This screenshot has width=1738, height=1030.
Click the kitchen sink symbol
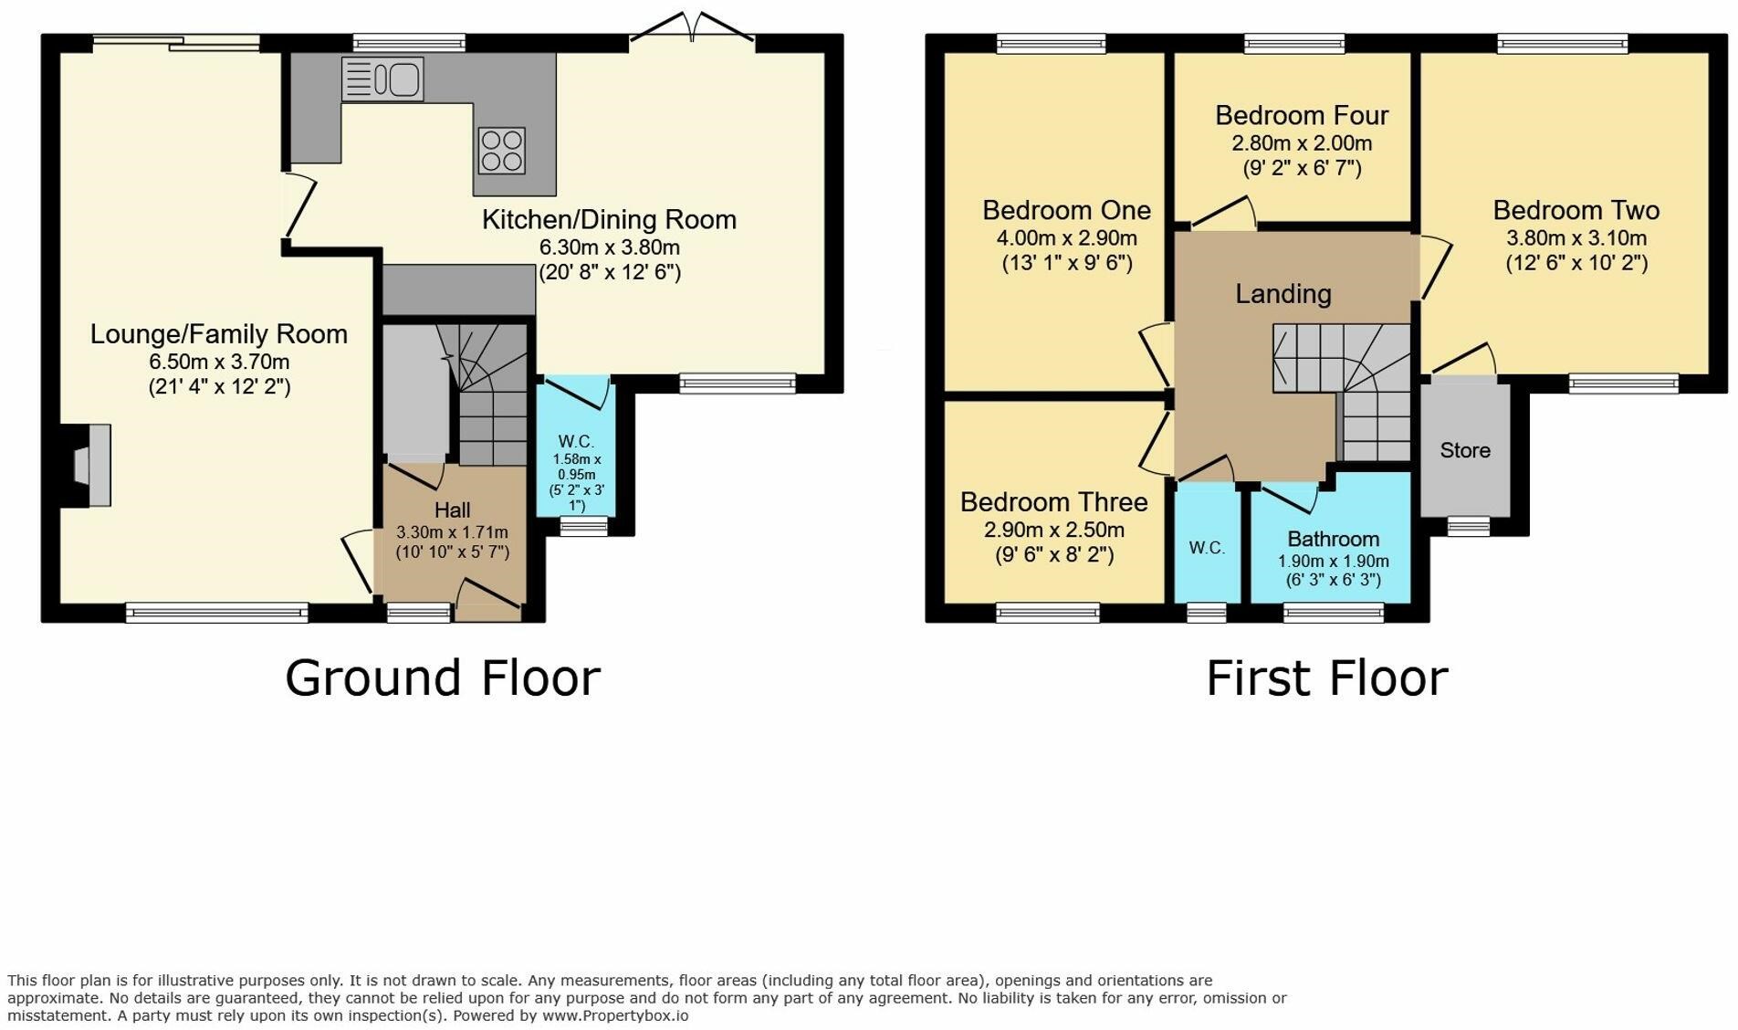[382, 79]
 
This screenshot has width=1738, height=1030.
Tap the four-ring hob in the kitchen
[502, 151]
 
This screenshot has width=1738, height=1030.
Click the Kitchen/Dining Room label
[609, 219]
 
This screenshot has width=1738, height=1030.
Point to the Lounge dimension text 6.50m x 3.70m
[219, 362]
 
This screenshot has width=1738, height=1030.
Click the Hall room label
[453, 510]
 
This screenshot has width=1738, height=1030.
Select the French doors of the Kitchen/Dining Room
[693, 27]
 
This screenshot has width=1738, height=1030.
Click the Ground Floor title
[443, 678]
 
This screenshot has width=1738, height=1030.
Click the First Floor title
[1327, 678]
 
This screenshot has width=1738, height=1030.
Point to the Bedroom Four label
[1302, 115]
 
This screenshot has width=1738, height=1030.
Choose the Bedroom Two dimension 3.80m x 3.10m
[1576, 238]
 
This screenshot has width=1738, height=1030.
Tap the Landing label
[1283, 294]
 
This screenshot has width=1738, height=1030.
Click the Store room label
[1465, 450]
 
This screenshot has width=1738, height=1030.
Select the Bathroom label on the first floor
[1333, 539]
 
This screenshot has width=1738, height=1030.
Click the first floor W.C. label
[1207, 548]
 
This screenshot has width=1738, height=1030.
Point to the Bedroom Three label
[1054, 502]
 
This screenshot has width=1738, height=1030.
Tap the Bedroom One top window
[1052, 43]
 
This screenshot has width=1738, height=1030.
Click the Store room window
[1469, 526]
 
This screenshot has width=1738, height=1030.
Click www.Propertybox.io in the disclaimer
[615, 1015]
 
